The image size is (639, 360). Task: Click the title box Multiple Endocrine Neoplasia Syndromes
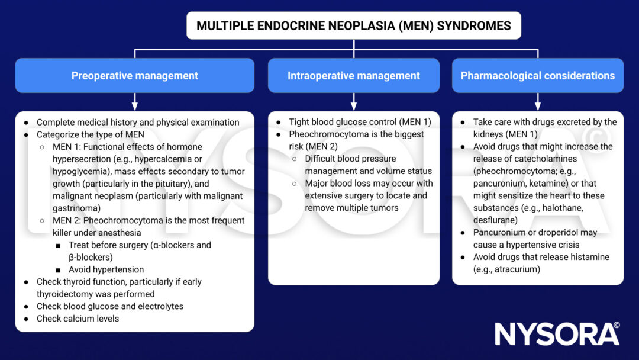pyautogui.click(x=354, y=26)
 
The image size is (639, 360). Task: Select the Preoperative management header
pyautogui.click(x=134, y=76)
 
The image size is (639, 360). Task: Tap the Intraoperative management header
pyautogui.click(x=353, y=76)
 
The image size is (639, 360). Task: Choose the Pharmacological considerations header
pyautogui.click(x=537, y=76)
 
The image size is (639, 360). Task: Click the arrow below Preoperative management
pyautogui.click(x=134, y=101)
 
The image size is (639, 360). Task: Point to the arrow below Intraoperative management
pyautogui.click(x=353, y=101)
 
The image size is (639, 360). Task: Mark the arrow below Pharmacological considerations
pyautogui.click(x=538, y=101)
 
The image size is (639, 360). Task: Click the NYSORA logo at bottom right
pyautogui.click(x=557, y=334)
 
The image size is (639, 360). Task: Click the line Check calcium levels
pyautogui.click(x=78, y=319)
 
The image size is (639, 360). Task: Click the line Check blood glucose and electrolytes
pyautogui.click(x=110, y=306)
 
